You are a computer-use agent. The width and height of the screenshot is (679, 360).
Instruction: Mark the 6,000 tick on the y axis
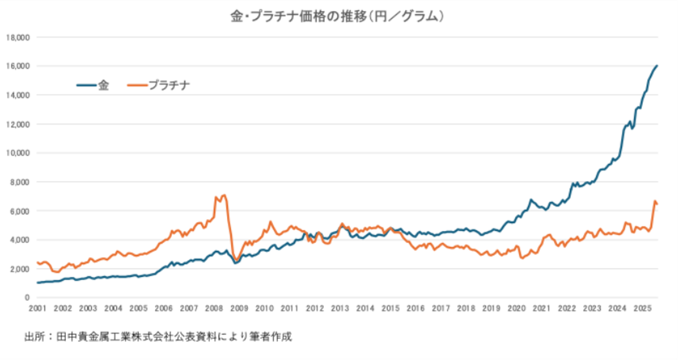click(19, 210)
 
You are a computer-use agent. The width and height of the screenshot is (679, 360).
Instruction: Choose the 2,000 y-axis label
click(19, 268)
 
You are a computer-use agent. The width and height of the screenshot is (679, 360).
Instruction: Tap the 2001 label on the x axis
click(37, 308)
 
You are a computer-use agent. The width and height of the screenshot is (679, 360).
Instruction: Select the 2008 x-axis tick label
click(214, 308)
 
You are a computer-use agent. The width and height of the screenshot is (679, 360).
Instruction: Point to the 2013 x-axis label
click(340, 308)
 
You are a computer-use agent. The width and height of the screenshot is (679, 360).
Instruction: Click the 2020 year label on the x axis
click(517, 308)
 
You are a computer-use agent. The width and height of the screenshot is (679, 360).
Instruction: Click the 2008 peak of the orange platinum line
click(224, 195)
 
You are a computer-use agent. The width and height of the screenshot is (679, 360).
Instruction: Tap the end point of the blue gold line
click(658, 65)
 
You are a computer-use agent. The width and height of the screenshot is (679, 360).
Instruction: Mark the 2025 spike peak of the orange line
click(654, 201)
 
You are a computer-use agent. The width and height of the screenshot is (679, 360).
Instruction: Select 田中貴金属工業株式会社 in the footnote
click(110, 337)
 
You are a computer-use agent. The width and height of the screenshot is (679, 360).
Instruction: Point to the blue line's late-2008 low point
click(235, 263)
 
